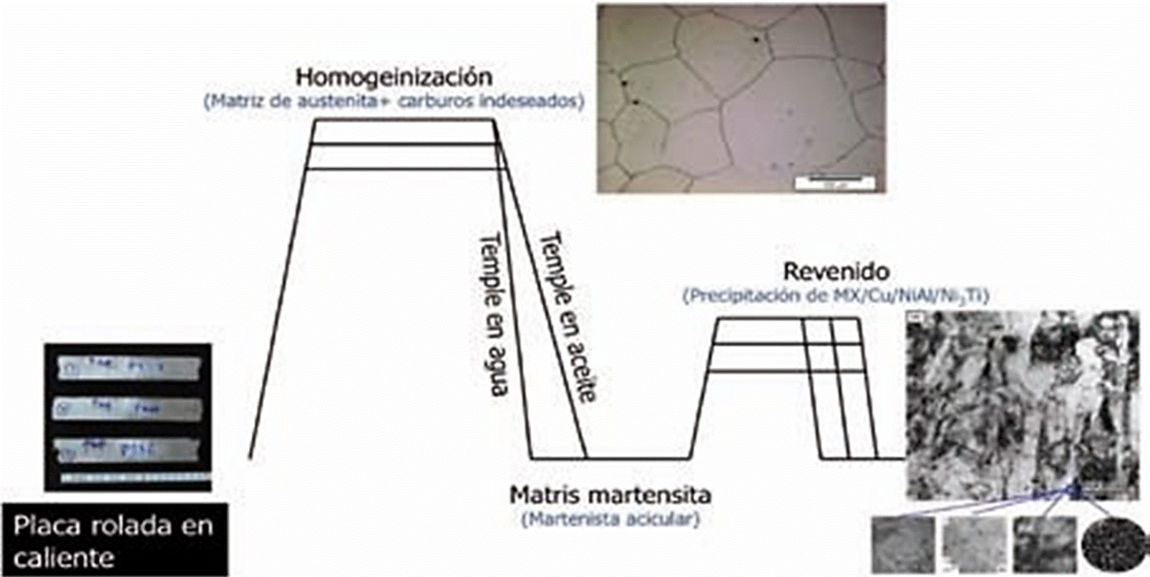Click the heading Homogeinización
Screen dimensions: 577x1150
[x=394, y=77]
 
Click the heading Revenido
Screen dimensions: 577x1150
[x=836, y=272]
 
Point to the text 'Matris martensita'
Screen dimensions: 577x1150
[x=610, y=495]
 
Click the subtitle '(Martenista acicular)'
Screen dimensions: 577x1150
[x=610, y=519]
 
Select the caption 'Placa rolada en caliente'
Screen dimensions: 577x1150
[x=113, y=541]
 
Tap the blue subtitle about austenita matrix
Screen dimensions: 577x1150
[x=394, y=101]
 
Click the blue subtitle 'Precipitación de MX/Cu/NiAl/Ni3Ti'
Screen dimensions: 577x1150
[x=835, y=296]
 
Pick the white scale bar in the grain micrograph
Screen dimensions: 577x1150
[x=834, y=183]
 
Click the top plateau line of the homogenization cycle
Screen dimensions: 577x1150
[x=404, y=121]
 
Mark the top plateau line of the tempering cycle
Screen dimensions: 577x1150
[x=787, y=320]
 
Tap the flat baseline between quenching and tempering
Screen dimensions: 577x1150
[x=637, y=458]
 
